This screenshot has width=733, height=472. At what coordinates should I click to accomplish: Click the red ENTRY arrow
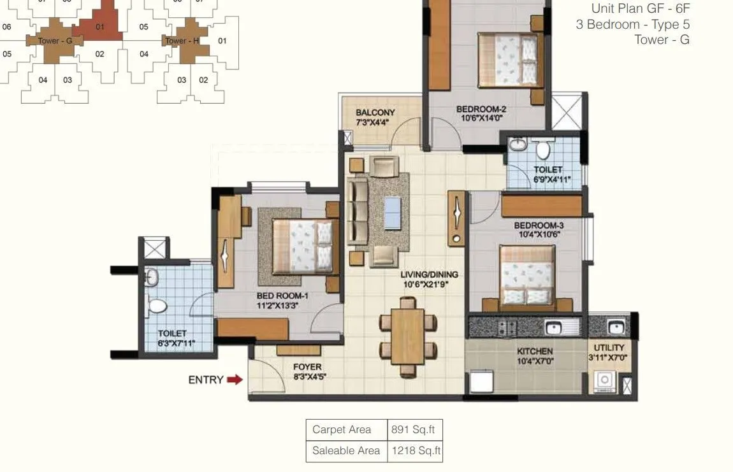[x=235, y=380]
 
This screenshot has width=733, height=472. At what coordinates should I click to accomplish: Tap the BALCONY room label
[x=375, y=113]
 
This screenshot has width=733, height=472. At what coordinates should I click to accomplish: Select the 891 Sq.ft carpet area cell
[x=415, y=429]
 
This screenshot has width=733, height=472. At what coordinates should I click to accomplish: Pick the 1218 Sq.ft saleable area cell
[x=415, y=451]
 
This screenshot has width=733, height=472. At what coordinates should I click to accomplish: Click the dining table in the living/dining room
[x=408, y=336]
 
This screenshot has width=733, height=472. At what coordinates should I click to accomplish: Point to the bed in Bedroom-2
[x=511, y=61]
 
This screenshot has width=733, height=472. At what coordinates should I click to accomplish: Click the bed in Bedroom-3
[x=526, y=275]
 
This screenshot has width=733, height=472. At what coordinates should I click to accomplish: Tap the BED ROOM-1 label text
[x=282, y=296]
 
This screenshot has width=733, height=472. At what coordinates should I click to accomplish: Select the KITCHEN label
[x=535, y=351]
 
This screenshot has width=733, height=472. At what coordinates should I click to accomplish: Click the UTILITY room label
[x=609, y=348]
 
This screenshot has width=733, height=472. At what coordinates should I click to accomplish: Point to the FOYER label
[x=307, y=367]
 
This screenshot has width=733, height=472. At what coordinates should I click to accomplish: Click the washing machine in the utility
[x=603, y=382]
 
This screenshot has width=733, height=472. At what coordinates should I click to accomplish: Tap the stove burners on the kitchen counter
[x=507, y=327]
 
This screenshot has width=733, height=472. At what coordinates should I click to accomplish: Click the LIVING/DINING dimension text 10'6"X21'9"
[x=429, y=285]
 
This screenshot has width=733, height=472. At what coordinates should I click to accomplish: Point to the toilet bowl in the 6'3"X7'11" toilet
[x=156, y=305]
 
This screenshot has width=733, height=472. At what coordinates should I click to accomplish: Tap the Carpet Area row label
[x=341, y=429]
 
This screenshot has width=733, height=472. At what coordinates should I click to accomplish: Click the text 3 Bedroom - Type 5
[x=632, y=24]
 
